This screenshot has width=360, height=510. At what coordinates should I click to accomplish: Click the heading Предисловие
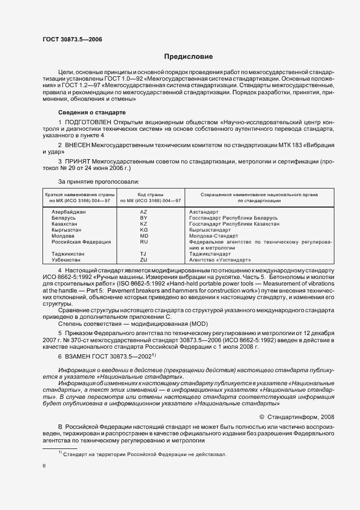click(188, 57)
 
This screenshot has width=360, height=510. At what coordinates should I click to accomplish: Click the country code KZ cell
click(144, 223)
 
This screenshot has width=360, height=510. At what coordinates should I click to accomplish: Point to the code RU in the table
click(144, 241)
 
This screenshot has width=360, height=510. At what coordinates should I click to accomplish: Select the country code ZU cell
click(144, 260)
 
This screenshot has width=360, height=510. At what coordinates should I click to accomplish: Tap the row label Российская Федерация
click(81, 241)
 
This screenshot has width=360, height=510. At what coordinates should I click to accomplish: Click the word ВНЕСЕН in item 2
click(80, 145)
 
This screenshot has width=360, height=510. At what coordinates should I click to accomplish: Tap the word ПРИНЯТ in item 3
click(80, 162)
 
